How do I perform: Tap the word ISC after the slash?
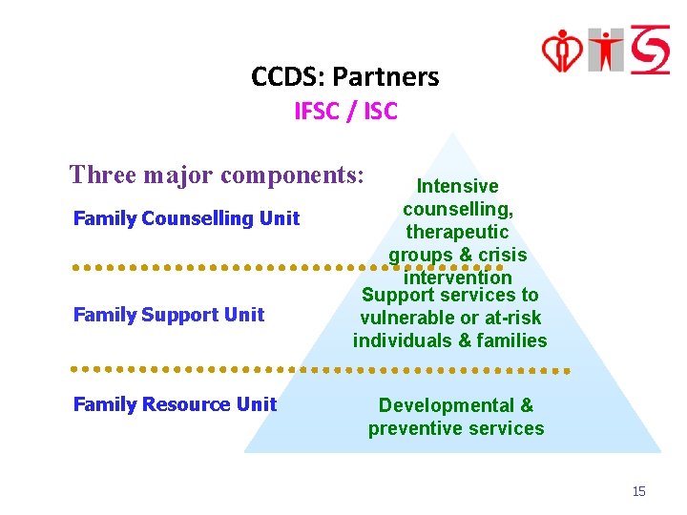point(379,112)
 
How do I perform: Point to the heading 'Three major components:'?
point(217,175)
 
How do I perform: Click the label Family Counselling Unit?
point(186,218)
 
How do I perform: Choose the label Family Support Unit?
point(169,315)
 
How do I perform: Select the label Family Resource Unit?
point(175,404)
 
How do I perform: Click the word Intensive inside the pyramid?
point(456,186)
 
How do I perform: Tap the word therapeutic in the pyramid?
point(457,232)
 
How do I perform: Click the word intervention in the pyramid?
point(457,278)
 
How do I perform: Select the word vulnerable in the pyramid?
point(405,318)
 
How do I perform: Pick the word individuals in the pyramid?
point(401,340)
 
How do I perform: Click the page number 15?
point(638,491)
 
